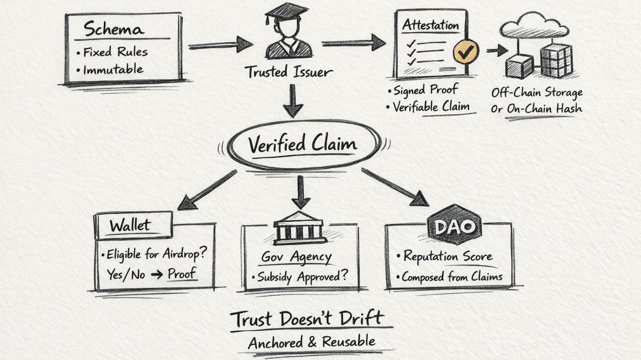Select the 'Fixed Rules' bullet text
coord(115,52)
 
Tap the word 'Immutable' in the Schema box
coord(113,69)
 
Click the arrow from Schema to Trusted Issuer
coord(220,45)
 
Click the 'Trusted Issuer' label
coord(289,72)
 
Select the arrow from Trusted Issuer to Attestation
coord(353,43)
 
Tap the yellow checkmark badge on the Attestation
coord(466,52)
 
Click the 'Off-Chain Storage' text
coord(536,93)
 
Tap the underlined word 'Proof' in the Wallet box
coord(182,274)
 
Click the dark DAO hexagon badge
coord(454,225)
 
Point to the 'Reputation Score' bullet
coord(448,256)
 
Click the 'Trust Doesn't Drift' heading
coord(307,318)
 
